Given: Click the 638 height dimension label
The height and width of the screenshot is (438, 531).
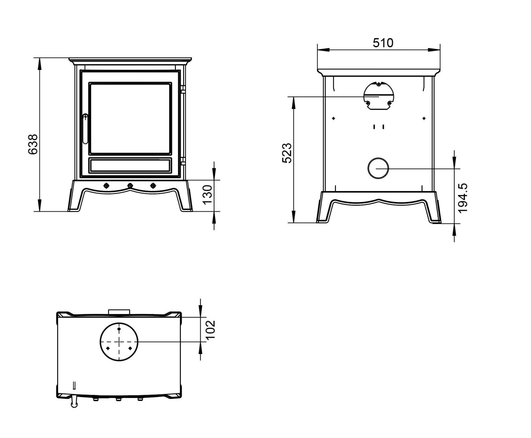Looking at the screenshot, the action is pyautogui.click(x=33, y=144).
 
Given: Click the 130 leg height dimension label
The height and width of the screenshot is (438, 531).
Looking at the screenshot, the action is pyautogui.click(x=208, y=194).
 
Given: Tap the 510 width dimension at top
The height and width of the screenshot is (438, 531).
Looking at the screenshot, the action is pyautogui.click(x=383, y=43).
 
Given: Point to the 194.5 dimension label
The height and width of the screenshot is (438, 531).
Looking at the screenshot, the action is pyautogui.click(x=463, y=198).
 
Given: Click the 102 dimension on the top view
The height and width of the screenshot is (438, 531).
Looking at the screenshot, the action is pyautogui.click(x=210, y=330).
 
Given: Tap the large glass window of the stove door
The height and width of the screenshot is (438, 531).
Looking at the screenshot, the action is pyautogui.click(x=130, y=118).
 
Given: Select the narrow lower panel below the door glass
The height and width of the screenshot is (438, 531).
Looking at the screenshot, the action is pyautogui.click(x=130, y=165).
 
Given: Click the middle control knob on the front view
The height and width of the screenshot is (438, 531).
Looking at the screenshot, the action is pyautogui.click(x=130, y=186).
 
